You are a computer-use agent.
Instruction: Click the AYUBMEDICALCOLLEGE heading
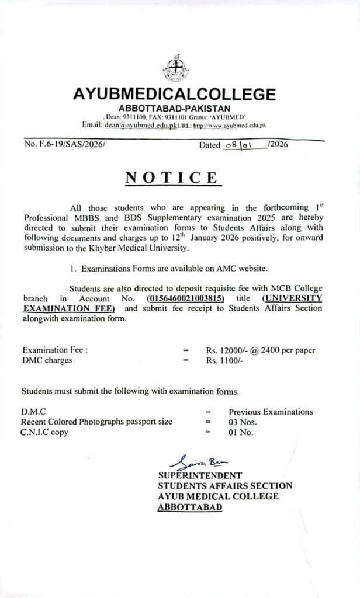[x=174, y=95]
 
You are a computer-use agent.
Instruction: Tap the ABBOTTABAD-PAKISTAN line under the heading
[x=174, y=108]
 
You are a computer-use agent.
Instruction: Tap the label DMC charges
[x=47, y=360]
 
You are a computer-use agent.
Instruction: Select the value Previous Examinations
[x=271, y=412]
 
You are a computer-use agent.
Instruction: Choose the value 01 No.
[x=241, y=433]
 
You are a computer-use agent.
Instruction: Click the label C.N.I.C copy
[x=44, y=433]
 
